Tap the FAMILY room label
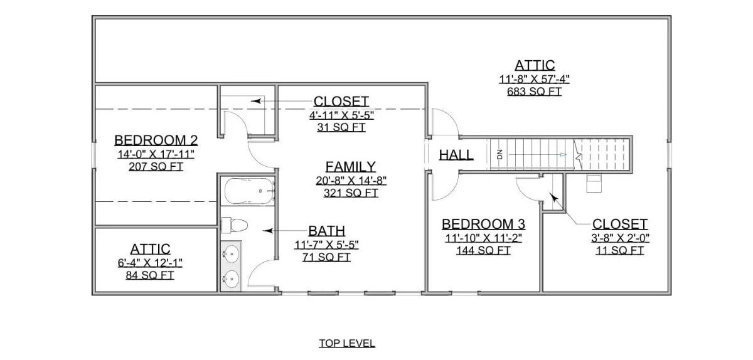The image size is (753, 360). (x=350, y=166)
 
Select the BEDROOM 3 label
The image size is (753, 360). (x=483, y=224)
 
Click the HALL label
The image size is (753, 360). (x=456, y=155)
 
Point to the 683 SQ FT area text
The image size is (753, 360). (x=534, y=92)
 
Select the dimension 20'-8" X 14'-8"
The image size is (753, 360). (x=350, y=181)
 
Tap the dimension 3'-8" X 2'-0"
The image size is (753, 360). (x=619, y=238)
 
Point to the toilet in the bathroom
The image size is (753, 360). (x=235, y=225)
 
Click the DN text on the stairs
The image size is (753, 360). (x=500, y=154)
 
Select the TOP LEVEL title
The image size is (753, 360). (x=347, y=343)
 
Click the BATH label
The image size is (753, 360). (x=326, y=231)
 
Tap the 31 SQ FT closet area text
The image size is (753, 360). (x=341, y=127)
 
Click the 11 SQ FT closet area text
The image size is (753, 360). (x=619, y=251)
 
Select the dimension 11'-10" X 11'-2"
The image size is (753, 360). (x=483, y=238)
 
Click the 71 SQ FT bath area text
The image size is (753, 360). (x=326, y=257)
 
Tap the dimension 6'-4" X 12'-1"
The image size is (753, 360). (x=150, y=262)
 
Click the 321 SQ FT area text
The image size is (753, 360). (x=350, y=193)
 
